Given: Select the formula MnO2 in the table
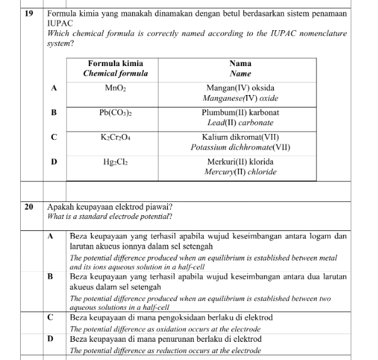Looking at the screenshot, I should [115, 88].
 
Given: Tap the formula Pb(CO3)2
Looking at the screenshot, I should [115, 113].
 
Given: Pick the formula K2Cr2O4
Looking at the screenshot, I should [115, 137].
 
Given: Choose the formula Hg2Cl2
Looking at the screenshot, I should [115, 162].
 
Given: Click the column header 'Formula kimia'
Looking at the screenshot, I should [115, 64].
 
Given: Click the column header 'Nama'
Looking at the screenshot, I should [240, 64].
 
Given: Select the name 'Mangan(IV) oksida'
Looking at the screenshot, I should [240, 88].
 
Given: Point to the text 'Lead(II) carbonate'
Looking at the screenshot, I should [240, 123].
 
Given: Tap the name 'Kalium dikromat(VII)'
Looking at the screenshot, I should [240, 137].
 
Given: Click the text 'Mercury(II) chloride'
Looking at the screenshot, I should [240, 172].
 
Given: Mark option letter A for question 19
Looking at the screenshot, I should [54, 89].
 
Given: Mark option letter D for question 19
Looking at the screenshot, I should [54, 162].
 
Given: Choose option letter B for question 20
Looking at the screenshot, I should [50, 276].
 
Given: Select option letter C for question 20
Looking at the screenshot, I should [50, 317].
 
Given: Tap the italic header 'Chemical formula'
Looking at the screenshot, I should [116, 73].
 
